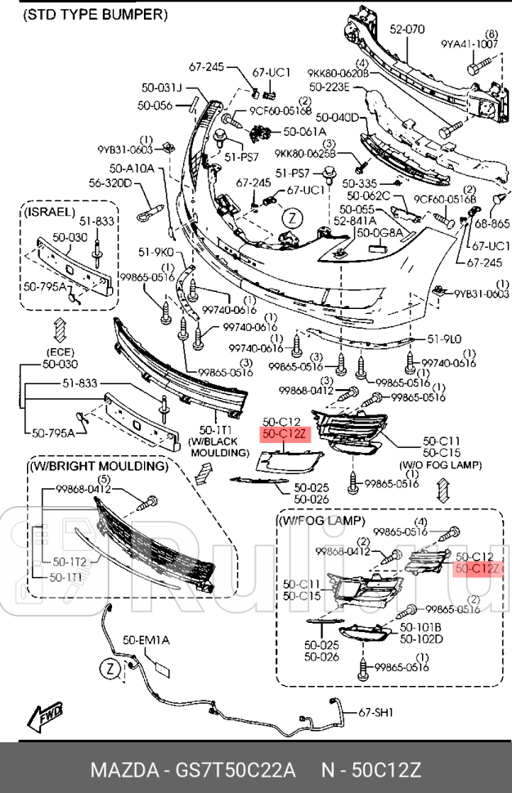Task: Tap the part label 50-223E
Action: click(x=330, y=86)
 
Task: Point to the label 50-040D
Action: click(x=336, y=118)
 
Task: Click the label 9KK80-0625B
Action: click(x=304, y=153)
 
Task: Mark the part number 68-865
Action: click(x=491, y=223)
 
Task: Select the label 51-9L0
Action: click(x=444, y=339)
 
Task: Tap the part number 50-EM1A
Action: click(x=146, y=640)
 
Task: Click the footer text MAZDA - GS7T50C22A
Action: click(x=192, y=770)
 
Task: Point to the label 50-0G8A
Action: click(x=380, y=233)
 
